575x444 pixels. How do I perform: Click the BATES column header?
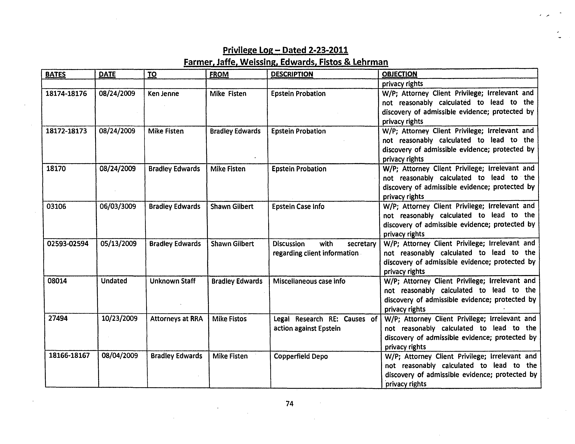point(55,74)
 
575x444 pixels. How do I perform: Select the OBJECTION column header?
point(399,74)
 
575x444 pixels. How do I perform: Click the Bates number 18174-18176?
point(66,94)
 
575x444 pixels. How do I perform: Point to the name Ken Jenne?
point(163,94)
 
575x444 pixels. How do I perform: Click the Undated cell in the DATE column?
point(114,281)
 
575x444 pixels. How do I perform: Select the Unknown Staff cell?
point(172,281)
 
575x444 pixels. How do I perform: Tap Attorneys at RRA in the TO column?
point(176,319)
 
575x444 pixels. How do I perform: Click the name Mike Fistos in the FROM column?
point(229,319)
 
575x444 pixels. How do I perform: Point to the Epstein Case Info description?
point(298,206)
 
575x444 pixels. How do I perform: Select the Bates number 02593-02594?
point(68,244)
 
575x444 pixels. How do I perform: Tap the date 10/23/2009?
point(119,319)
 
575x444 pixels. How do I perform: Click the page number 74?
point(289,404)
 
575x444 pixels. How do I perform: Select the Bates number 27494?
point(58,318)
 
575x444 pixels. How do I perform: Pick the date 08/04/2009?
point(120,356)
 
